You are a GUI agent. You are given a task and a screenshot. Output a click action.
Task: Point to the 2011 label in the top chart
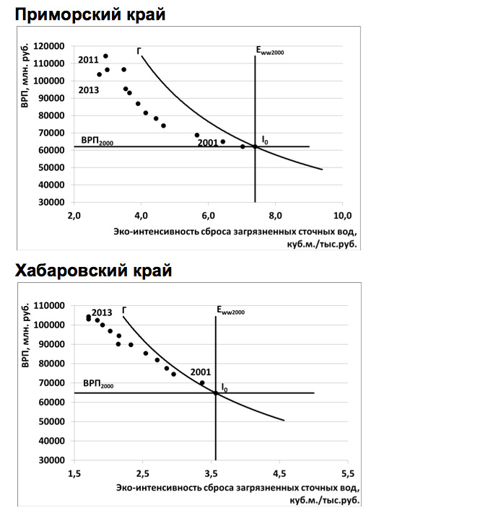(x=89, y=60)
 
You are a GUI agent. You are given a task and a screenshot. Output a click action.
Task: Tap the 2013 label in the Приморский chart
(x=89, y=90)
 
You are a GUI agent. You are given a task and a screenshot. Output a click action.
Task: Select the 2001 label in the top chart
(x=207, y=143)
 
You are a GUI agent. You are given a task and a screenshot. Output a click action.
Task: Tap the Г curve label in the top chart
(x=139, y=51)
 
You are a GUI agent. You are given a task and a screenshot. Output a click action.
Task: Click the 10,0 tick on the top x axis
(x=342, y=216)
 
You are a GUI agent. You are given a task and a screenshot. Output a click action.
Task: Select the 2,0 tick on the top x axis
(x=74, y=216)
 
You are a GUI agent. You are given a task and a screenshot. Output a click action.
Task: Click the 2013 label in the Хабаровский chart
(x=102, y=312)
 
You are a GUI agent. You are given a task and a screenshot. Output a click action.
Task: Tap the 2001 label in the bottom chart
(x=201, y=372)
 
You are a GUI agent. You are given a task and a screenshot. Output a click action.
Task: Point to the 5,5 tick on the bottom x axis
(x=348, y=474)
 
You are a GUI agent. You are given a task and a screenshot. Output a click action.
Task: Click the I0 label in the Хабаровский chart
(x=225, y=388)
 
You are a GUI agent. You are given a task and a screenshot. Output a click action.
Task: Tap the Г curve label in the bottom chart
(x=124, y=310)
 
